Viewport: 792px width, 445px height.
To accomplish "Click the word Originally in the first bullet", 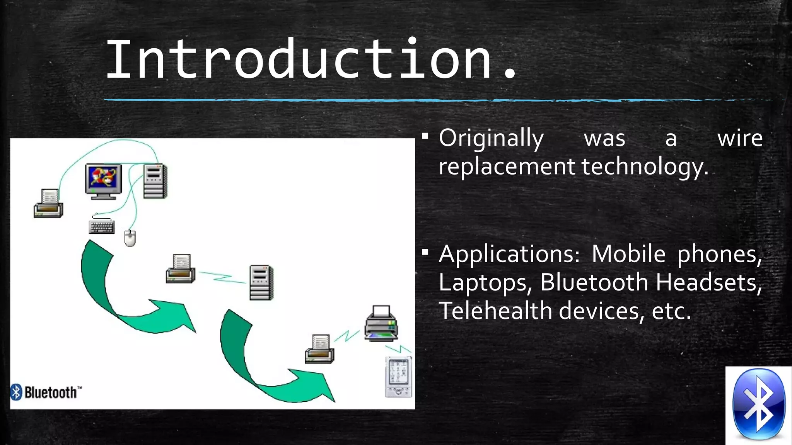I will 491,138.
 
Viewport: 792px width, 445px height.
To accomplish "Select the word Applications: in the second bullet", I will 509,255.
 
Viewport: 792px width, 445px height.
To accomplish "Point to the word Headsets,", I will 709,282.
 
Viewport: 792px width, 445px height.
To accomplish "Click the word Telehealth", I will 495,311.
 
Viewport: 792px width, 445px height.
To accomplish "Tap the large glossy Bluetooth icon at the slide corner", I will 758,404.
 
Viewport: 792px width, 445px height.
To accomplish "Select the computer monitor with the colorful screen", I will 103,181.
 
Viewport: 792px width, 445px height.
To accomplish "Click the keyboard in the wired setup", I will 101,226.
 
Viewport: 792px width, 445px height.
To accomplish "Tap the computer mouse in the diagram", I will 130,238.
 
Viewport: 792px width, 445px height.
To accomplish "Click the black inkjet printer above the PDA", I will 381,324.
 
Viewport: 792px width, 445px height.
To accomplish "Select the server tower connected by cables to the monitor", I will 155,181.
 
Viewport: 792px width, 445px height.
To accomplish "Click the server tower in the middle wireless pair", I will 261,282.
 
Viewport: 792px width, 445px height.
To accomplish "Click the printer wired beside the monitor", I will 48,204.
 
